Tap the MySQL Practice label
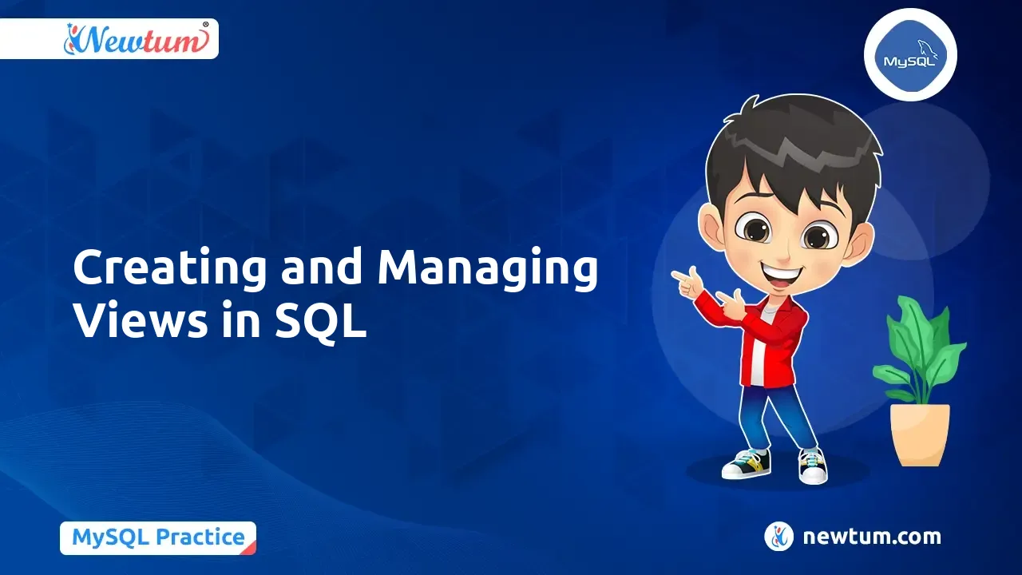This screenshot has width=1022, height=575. [158, 537]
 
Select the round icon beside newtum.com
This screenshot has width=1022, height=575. [778, 537]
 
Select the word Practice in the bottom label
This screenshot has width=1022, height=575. [200, 537]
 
